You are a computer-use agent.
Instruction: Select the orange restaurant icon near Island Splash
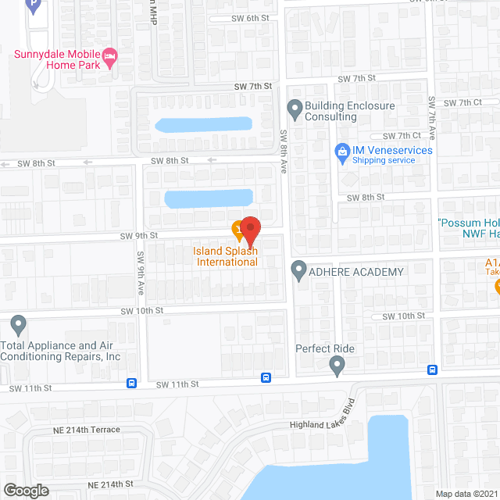pos(237,227)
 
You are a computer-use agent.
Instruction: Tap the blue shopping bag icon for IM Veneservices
pos(341,150)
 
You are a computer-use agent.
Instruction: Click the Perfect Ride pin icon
pos(337,364)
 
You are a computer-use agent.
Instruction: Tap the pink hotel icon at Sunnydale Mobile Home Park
pos(111,55)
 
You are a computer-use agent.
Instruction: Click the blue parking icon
pos(33,6)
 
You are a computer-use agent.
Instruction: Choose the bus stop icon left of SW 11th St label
pos(131,384)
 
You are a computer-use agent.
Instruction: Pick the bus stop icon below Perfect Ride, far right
pos(432,370)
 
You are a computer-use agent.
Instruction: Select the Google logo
pos(25,490)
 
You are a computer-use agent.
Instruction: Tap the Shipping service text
pos(384,160)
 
